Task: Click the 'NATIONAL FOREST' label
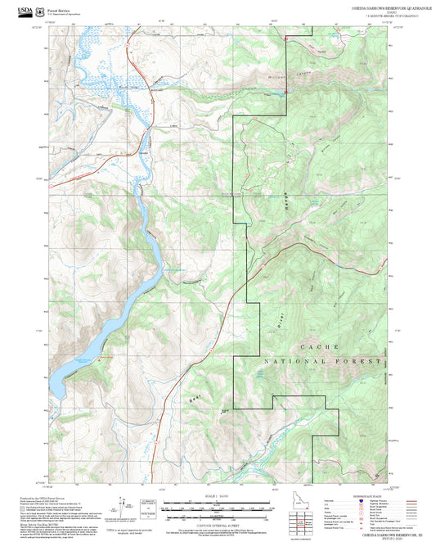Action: pyautogui.click(x=323, y=361)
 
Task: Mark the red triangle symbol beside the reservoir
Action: pyautogui.click(x=101, y=357)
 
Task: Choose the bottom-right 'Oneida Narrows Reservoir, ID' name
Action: pyautogui.click(x=362, y=534)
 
